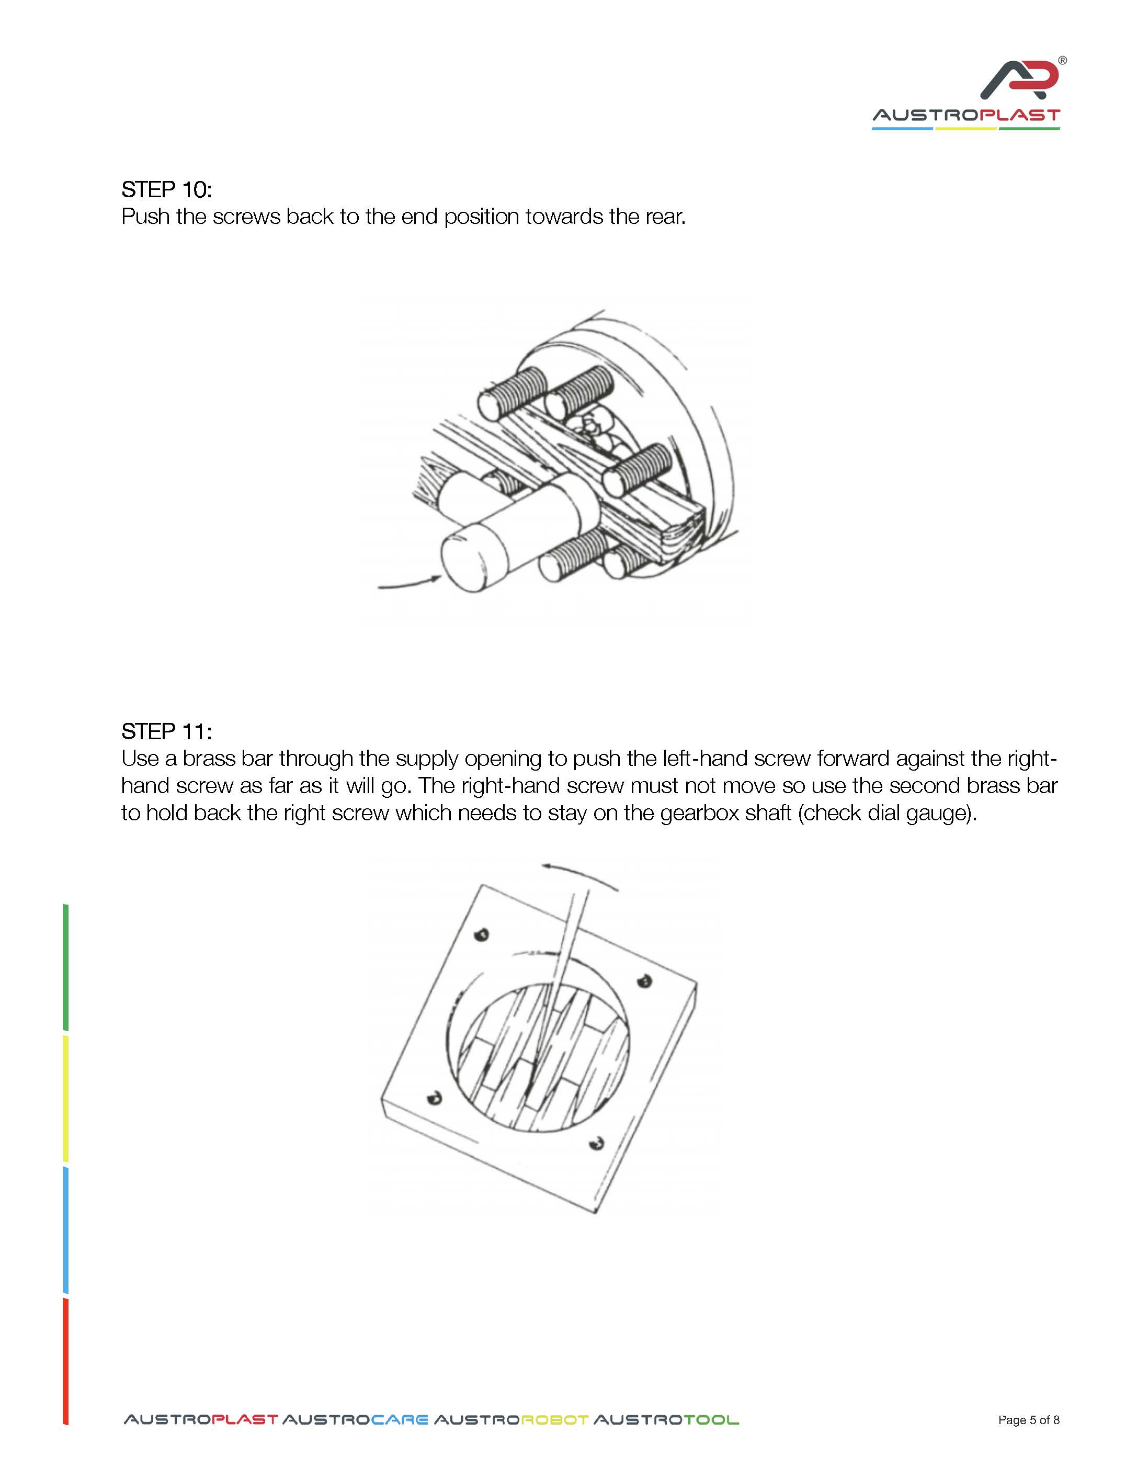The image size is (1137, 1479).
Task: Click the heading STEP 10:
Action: [166, 189]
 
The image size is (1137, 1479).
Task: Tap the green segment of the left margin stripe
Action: [66, 967]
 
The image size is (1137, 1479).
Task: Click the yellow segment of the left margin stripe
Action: [66, 1098]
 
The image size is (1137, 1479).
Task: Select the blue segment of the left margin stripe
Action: [66, 1229]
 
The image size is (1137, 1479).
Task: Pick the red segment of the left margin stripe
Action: [66, 1361]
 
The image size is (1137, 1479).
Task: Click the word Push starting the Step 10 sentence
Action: [145, 217]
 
